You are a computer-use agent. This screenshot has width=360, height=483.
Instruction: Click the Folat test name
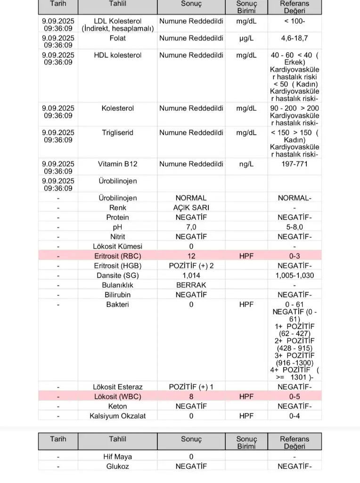pyautogui.click(x=118, y=38)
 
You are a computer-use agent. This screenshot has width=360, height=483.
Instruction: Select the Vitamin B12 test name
pyautogui.click(x=118, y=164)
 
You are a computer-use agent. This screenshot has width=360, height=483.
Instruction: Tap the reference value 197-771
pyautogui.click(x=295, y=164)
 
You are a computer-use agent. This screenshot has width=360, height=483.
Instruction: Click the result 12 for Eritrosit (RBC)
pyautogui.click(x=191, y=256)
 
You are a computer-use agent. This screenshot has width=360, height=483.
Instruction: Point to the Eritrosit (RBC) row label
pyautogui.click(x=118, y=256)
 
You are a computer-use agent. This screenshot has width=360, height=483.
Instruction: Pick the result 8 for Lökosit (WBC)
pyautogui.click(x=191, y=397)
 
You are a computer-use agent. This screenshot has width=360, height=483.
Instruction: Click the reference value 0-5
pyautogui.click(x=295, y=397)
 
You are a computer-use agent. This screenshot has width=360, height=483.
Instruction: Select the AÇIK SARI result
pyautogui.click(x=191, y=208)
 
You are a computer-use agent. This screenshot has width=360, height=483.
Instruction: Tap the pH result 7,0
pyautogui.click(x=191, y=227)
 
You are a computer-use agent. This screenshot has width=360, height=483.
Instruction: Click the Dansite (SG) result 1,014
pyautogui.click(x=191, y=275)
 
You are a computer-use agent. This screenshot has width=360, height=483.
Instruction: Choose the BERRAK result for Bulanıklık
pyautogui.click(x=191, y=285)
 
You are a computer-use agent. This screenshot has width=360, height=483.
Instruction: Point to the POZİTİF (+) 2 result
pyautogui.click(x=191, y=266)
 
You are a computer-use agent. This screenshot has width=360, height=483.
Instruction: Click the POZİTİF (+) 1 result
pyautogui.click(x=191, y=387)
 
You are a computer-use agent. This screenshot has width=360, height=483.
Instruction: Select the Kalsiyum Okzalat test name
pyautogui.click(x=118, y=416)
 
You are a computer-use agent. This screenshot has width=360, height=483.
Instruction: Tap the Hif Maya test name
pyautogui.click(x=118, y=457)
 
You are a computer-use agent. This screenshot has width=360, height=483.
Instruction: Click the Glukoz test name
pyautogui.click(x=118, y=466)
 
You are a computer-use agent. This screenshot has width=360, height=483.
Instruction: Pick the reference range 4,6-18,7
pyautogui.click(x=295, y=38)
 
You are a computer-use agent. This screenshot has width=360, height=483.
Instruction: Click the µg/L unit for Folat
pyautogui.click(x=246, y=38)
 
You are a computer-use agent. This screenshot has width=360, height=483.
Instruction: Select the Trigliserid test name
pyautogui.click(x=118, y=133)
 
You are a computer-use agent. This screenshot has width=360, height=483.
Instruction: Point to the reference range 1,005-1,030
pyautogui.click(x=295, y=275)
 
